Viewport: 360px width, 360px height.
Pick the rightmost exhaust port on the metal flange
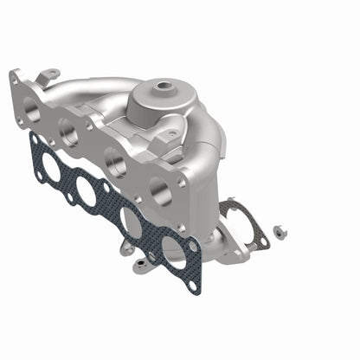pos(157,190)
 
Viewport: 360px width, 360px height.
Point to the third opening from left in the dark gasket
pos(131,222)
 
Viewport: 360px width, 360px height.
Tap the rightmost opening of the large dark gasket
pos(173,252)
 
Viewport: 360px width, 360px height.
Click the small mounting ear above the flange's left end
pos(51,75)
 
